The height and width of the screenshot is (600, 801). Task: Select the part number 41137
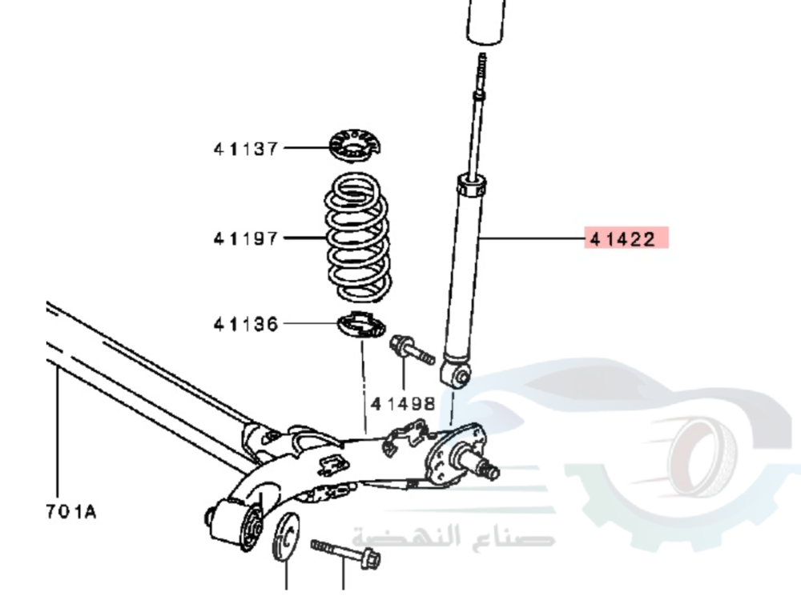(246, 149)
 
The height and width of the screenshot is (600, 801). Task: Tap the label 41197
(246, 238)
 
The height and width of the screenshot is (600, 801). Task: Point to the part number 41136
(246, 324)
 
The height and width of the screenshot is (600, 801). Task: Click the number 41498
(403, 404)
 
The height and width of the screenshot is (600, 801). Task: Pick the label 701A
(71, 511)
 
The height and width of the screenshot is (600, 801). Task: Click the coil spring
(357, 238)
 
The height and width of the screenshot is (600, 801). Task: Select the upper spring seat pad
(355, 146)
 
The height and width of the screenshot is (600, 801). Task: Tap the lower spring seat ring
(362, 325)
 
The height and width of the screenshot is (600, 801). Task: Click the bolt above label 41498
(412, 350)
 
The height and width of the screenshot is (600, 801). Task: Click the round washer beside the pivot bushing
(287, 536)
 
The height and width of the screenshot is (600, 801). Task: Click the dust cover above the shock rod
(486, 22)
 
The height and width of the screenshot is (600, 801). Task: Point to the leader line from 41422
(531, 238)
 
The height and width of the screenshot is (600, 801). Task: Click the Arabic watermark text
(454, 537)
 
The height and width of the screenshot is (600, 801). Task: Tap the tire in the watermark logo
(703, 458)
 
